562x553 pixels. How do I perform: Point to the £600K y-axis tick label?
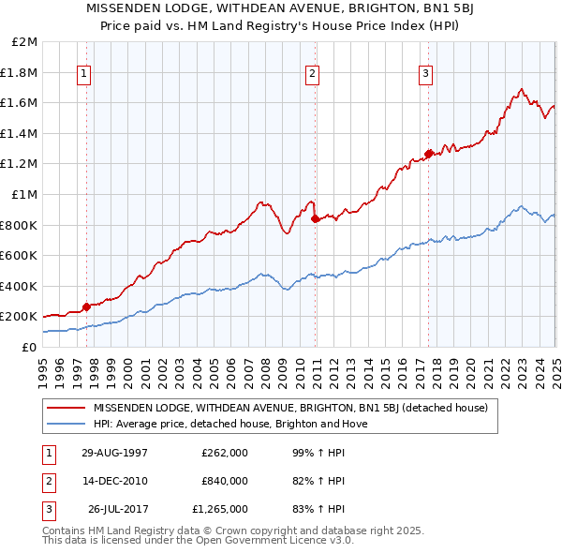pos(20,256)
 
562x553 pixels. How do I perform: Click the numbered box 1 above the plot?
pos(85,74)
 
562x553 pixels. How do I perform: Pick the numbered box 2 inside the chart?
pos(313,74)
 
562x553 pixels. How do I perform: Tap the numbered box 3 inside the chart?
pos(426,74)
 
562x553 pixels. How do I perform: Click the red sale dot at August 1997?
pos(87,306)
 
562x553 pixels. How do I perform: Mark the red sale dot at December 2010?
pos(315,218)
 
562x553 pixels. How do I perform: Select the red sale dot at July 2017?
pos(428,154)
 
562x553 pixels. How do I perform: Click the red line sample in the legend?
pos(67,408)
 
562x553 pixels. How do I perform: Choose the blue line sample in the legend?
pos(67,424)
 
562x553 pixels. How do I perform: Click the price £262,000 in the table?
pos(225,452)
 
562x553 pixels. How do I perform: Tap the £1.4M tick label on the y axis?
pos(20,134)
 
